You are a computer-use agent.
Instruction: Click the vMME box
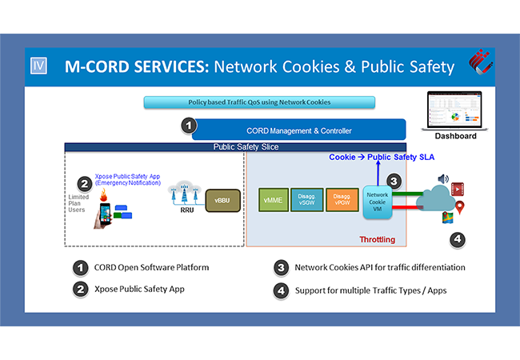coord(274,200)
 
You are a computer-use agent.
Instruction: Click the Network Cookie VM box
coord(377,203)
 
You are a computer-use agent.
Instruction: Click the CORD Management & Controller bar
coord(298,130)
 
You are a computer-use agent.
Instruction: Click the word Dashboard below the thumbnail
coord(456,136)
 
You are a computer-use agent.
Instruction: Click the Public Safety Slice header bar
coord(246,147)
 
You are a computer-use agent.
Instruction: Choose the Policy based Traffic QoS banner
coord(260,102)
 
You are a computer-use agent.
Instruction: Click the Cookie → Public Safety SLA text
coord(378,157)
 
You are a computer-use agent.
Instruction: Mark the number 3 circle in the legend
coord(281,267)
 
